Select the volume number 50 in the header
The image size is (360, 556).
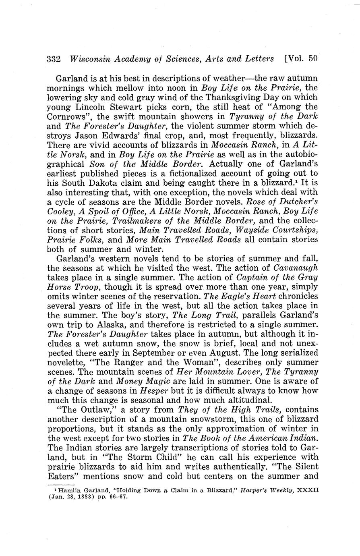click(313, 58)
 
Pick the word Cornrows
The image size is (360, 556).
click(66, 117)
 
